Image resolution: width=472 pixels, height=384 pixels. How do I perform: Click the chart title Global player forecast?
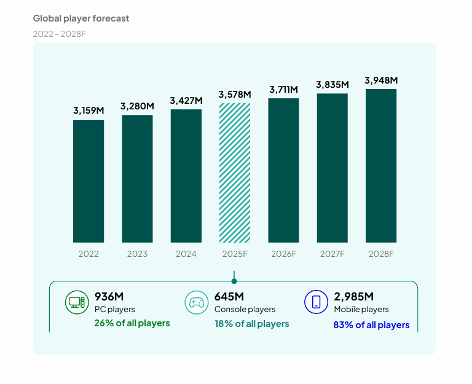[81, 18]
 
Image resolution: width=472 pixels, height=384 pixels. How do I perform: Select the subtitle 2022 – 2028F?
[60, 33]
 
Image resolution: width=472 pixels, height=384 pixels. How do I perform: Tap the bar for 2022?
[88, 181]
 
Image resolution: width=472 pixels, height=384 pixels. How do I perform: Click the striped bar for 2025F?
[235, 173]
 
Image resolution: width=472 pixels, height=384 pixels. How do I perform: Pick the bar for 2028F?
[381, 166]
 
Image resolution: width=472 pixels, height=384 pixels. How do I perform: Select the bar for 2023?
[137, 179]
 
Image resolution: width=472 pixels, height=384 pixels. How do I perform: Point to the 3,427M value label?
[186, 100]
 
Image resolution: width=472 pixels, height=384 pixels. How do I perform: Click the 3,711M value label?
[284, 90]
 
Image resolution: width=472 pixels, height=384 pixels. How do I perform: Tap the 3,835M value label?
[332, 84]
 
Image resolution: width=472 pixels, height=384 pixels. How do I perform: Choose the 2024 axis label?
[186, 254]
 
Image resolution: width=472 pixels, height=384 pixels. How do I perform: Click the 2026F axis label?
[283, 254]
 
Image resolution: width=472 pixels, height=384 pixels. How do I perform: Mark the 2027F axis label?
[332, 254]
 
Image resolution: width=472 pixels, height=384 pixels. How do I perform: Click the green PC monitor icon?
[77, 302]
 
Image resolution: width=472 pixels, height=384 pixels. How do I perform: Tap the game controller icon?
[197, 302]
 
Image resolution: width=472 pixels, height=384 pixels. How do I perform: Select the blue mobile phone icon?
[317, 302]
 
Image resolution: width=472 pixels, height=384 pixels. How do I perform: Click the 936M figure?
[109, 296]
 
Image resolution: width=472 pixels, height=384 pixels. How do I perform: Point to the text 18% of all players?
[251, 323]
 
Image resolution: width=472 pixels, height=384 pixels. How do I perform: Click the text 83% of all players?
[371, 324]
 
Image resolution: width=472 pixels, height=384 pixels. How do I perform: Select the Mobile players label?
[361, 309]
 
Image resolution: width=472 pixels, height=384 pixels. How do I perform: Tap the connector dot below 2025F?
[234, 281]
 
